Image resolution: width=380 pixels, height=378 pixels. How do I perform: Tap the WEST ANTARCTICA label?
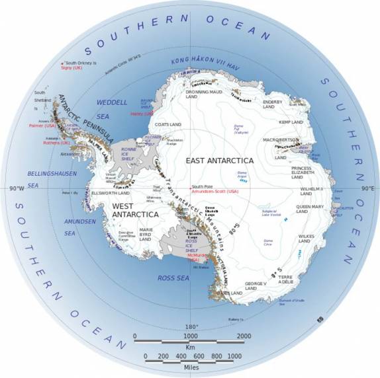(x=130, y=209)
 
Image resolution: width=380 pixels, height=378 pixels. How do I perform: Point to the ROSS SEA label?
(x=175, y=278)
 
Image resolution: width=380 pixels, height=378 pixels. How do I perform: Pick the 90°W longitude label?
(x=17, y=188)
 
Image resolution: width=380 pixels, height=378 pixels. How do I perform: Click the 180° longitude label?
(x=191, y=327)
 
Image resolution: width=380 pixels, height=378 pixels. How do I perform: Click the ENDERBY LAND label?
(x=273, y=105)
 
